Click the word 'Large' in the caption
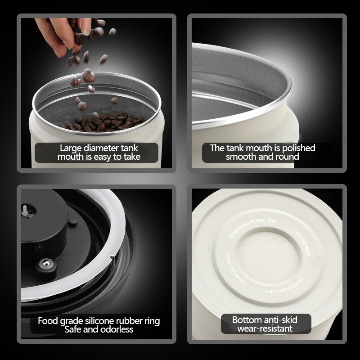click(72, 148)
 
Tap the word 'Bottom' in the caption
click(247, 320)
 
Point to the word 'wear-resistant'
click(265, 329)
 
